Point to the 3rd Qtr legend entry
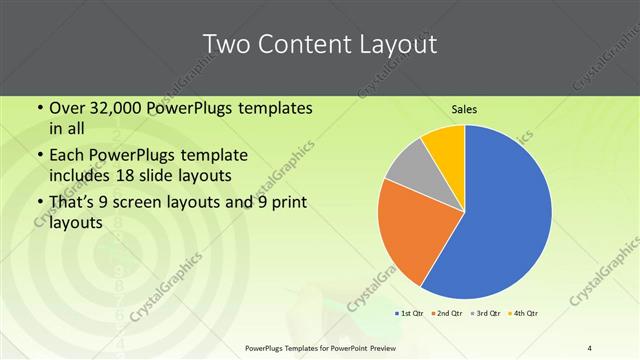485,314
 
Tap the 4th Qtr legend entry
521,314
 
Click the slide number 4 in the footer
590,348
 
